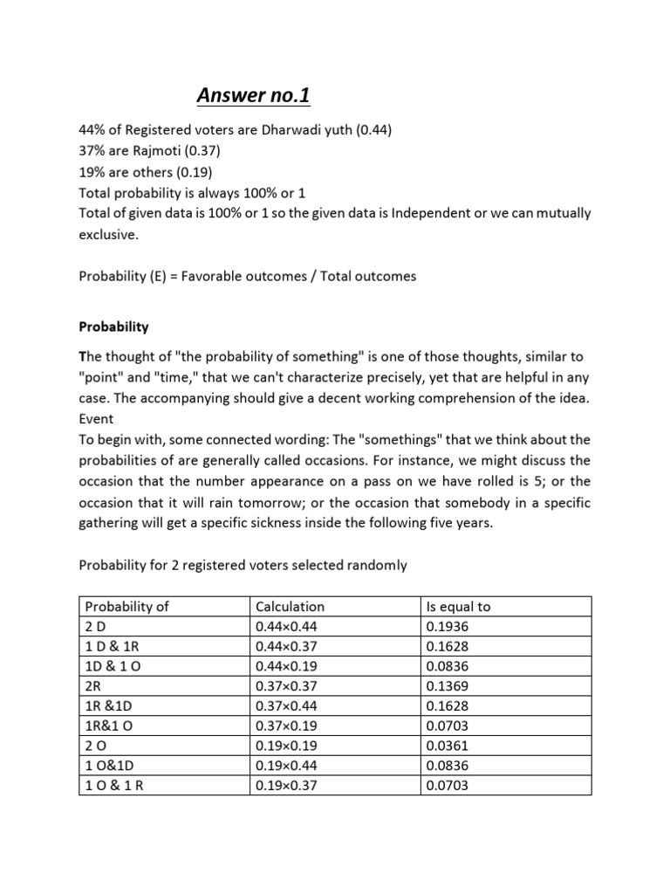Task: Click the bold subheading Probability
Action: pyautogui.click(x=113, y=327)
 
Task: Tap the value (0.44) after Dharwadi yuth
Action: pyautogui.click(x=370, y=130)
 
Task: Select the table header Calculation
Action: pyautogui.click(x=290, y=607)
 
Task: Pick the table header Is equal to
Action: pyautogui.click(x=458, y=607)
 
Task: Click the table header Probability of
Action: pyautogui.click(x=127, y=607)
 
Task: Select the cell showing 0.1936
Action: pyautogui.click(x=447, y=625)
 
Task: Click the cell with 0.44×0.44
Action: pyautogui.click(x=287, y=625)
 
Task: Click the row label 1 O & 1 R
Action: pyautogui.click(x=114, y=785)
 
